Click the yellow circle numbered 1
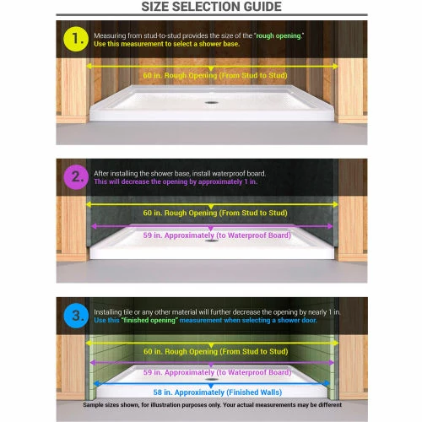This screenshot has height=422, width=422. (x=76, y=39)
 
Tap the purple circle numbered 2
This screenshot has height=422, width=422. (x=76, y=177)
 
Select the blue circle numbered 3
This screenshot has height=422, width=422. (x=76, y=316)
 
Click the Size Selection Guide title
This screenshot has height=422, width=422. (x=211, y=7)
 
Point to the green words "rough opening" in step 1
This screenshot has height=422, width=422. (x=279, y=35)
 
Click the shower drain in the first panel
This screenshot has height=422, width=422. (x=211, y=103)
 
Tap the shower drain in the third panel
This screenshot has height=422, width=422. (x=211, y=379)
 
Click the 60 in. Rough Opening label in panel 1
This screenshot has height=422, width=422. (x=215, y=75)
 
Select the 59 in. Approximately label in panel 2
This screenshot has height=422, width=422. (x=217, y=235)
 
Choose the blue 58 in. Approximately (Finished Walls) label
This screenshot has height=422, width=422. (x=218, y=392)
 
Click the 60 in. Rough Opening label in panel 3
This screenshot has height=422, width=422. (x=216, y=351)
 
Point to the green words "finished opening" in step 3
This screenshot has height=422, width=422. (x=149, y=320)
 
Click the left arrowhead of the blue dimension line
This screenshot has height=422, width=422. (x=96, y=383)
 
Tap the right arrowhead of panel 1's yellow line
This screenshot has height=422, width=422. (x=335, y=67)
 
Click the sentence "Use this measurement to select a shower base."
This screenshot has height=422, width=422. (x=167, y=44)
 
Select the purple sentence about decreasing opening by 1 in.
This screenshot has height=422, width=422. (x=176, y=181)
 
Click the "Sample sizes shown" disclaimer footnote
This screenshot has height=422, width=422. (x=213, y=405)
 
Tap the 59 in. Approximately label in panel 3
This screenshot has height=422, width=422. (x=217, y=372)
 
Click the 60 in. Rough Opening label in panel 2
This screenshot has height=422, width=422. (x=215, y=213)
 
